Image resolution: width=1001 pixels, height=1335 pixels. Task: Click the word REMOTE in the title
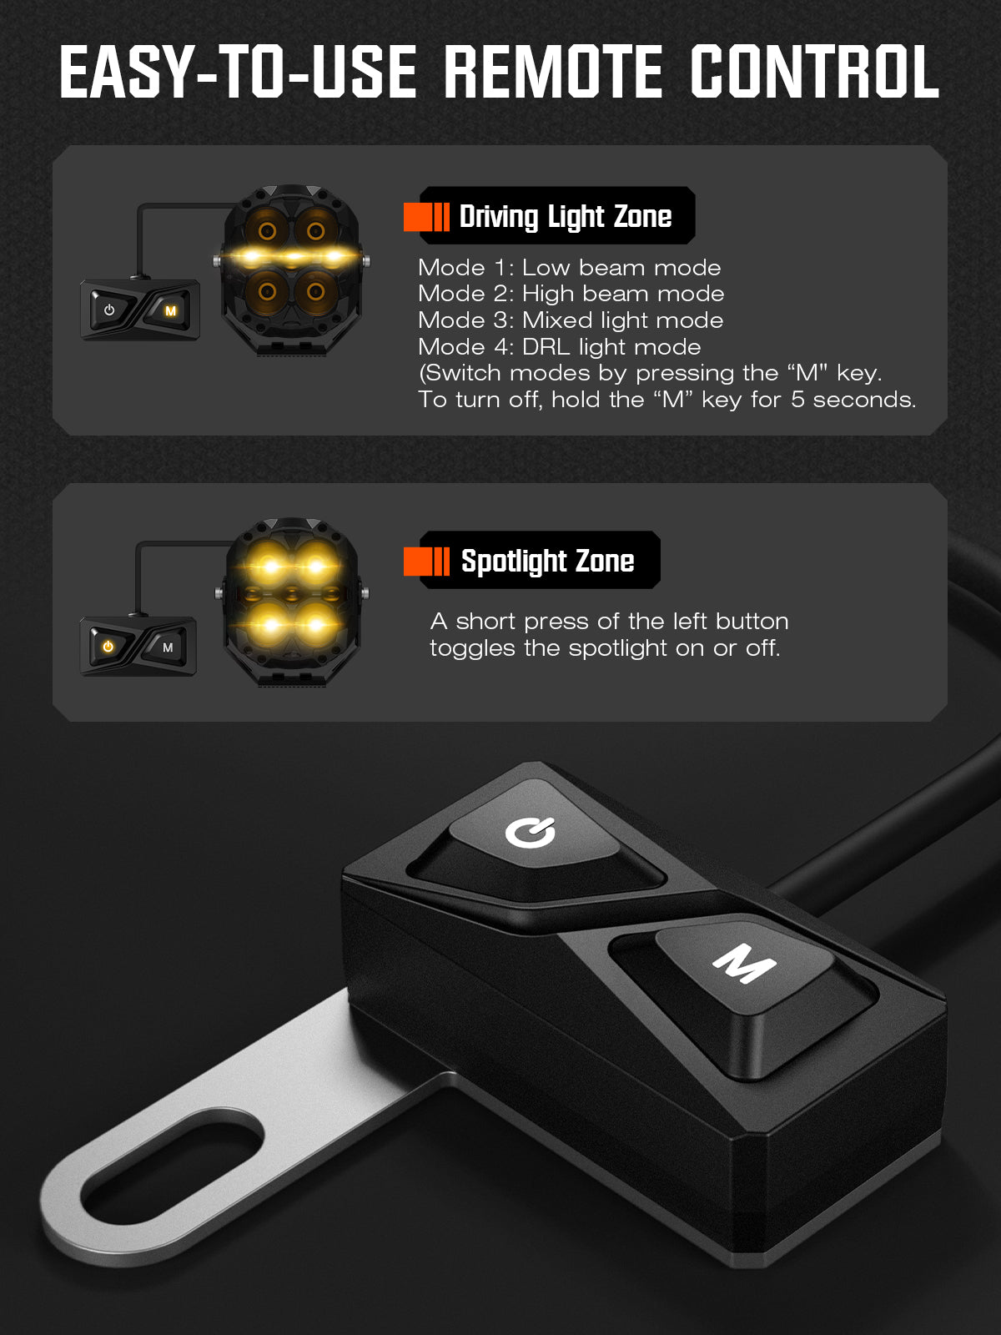tap(553, 72)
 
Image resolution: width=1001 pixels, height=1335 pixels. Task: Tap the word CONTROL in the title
tap(815, 72)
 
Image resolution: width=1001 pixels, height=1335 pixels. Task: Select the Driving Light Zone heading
tap(566, 216)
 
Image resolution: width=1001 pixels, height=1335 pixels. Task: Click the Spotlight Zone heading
tap(547, 561)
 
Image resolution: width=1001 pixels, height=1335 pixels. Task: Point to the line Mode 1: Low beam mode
tap(570, 268)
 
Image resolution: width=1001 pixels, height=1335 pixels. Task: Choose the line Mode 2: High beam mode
tap(571, 294)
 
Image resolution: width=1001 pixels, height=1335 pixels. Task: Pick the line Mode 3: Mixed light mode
tap(571, 320)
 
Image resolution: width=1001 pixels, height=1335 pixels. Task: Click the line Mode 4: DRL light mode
tap(560, 346)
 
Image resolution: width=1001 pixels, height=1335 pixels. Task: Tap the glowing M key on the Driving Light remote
tap(169, 310)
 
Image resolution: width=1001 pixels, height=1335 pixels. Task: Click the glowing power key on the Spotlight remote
tap(108, 647)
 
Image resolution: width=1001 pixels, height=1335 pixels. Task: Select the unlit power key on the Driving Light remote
tap(110, 310)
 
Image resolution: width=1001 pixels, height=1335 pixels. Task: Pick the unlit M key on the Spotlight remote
tap(168, 647)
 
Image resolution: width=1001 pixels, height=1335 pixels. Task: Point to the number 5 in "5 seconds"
tap(797, 400)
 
